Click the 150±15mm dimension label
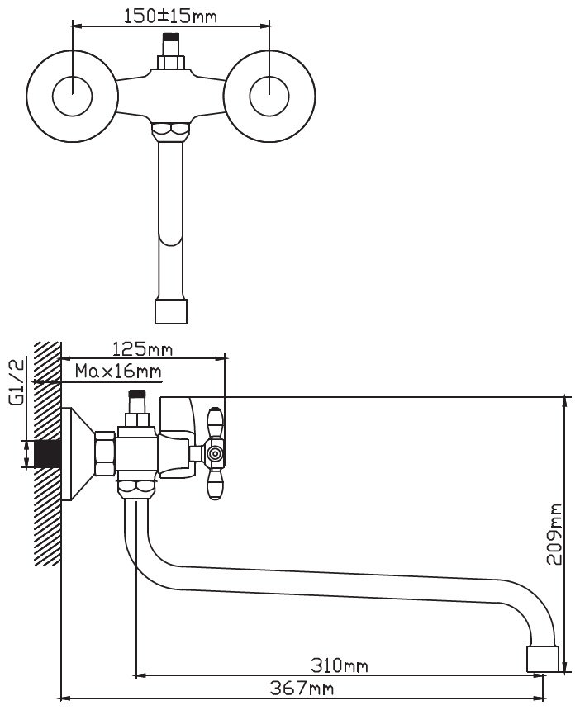click(x=170, y=17)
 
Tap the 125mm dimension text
click(x=142, y=349)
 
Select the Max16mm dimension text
click(x=118, y=372)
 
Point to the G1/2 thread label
click(x=17, y=382)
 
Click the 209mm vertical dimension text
click(x=554, y=534)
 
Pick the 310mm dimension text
click(x=340, y=665)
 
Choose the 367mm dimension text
click(x=302, y=689)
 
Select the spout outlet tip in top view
click(x=171, y=311)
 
